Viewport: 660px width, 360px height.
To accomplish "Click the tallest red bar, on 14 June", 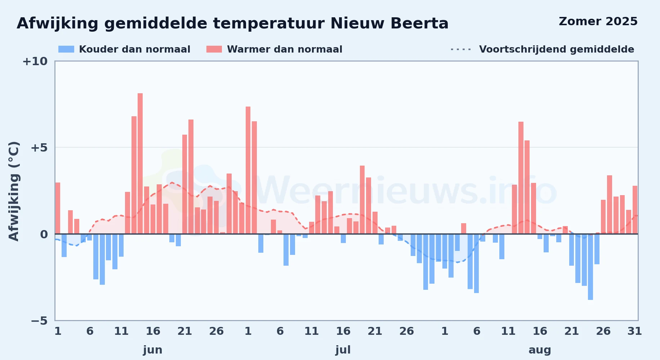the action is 140,163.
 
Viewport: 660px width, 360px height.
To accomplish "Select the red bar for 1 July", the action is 248,170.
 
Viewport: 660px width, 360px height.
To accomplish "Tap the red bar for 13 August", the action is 521,178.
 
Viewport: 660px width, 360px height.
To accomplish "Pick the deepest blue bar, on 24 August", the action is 590,267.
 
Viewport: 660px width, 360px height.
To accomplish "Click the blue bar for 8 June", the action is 102,259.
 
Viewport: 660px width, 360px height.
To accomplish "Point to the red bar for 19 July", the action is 362,200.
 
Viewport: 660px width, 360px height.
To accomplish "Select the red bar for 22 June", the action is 191,177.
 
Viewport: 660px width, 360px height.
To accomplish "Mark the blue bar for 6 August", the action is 476,264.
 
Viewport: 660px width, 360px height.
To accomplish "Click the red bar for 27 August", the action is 610,204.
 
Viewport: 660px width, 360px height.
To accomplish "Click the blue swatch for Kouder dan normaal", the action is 66,49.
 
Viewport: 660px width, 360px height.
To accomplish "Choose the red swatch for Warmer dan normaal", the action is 214,49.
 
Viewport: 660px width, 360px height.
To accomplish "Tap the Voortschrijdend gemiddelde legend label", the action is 557,49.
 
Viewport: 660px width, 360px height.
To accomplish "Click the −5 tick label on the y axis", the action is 39,320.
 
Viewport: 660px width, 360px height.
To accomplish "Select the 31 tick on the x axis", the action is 635,331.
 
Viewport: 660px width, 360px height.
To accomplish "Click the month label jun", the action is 153,350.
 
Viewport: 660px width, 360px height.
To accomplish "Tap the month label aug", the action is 540,350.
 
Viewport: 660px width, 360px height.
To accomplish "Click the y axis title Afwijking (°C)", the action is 14,191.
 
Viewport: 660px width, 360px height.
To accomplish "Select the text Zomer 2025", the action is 598,21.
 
